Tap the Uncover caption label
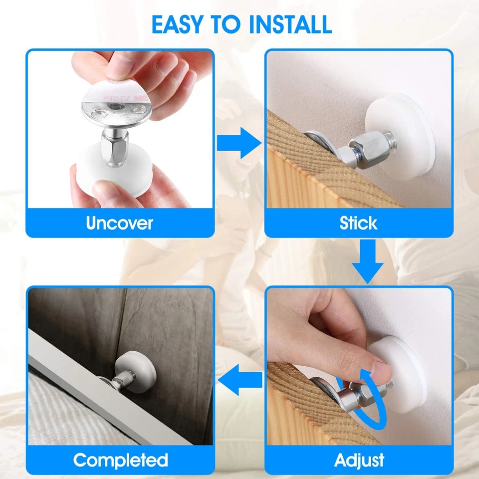120,223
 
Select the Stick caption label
358,223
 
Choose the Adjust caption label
359,460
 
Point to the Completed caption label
120,460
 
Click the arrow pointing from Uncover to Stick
239,143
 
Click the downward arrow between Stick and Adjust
368,262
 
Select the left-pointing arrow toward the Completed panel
241,381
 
